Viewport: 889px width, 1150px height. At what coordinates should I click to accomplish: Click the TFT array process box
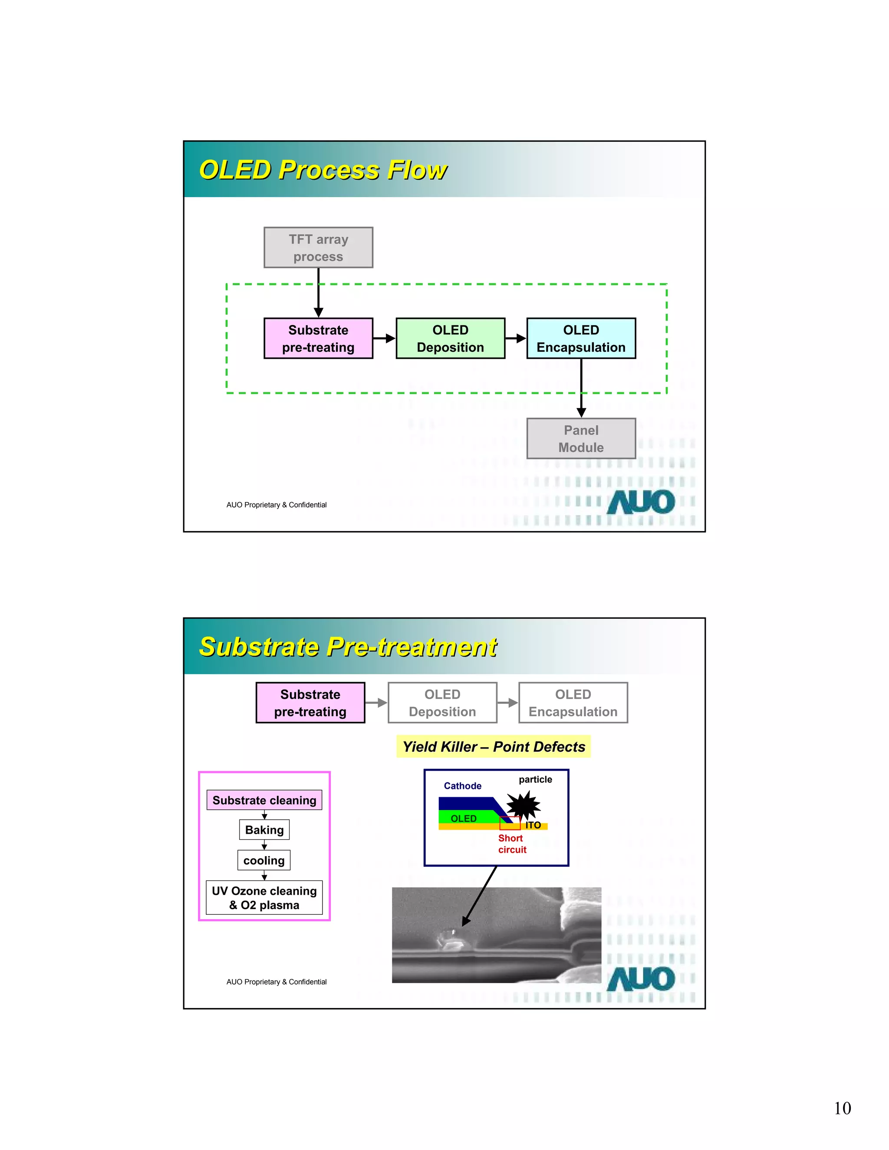coord(318,247)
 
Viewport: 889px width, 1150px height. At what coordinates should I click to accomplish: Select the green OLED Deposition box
coord(450,338)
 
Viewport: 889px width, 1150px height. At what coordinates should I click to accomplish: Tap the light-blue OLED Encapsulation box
coord(581,338)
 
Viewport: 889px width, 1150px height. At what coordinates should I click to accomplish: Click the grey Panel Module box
coord(581,439)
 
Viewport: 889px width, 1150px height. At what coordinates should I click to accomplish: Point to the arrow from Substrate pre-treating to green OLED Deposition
coord(385,338)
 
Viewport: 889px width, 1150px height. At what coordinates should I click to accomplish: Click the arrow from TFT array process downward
coord(319,292)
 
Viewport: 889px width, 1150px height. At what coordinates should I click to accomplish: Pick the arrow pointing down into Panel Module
coord(581,390)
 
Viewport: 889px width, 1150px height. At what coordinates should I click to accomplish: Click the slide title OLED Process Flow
coord(323,170)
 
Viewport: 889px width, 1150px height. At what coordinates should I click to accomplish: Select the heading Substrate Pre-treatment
coord(348,647)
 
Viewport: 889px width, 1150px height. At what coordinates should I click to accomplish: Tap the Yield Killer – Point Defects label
coord(494,747)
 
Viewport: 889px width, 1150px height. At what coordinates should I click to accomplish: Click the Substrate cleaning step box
coord(264,800)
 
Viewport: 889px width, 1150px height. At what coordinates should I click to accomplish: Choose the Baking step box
coord(264,830)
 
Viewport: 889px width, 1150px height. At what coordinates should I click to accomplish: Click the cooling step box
coord(264,861)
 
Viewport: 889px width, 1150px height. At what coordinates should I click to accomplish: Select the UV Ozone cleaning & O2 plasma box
coord(264,898)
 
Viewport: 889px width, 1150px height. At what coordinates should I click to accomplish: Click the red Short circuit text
coord(512,844)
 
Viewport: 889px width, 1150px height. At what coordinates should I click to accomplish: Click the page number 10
coord(842,1108)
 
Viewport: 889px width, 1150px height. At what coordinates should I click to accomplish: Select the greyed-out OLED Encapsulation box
coord(573,703)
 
